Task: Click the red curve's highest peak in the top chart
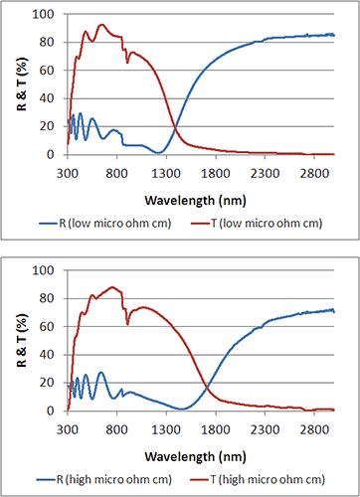click(101, 25)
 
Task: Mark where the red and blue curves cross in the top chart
click(175, 129)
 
